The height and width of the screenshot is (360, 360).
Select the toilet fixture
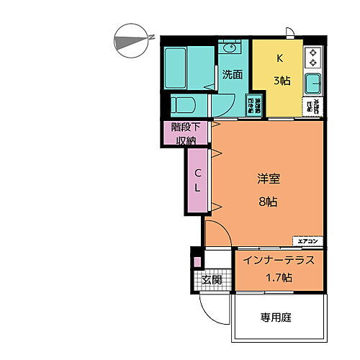coord(184,104)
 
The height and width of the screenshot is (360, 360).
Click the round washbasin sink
coord(230,49)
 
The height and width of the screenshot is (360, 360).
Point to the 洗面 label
coord(231,73)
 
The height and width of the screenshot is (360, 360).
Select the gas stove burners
coord(314,55)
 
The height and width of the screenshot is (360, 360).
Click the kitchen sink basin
coord(315,83)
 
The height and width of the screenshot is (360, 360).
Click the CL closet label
coord(197,181)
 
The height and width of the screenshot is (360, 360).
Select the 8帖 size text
coord(267,202)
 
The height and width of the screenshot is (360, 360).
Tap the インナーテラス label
coord(278,260)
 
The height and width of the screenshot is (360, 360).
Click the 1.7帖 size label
coord(277,277)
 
